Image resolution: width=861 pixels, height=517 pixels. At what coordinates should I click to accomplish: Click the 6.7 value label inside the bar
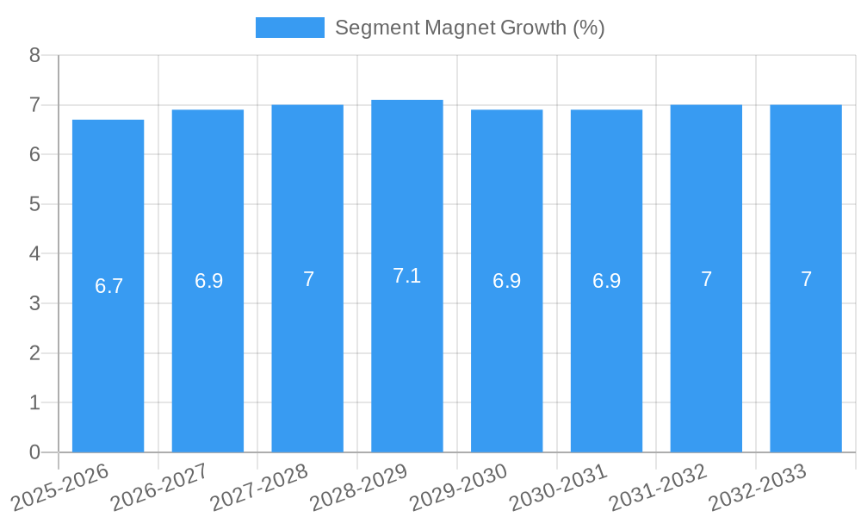(109, 286)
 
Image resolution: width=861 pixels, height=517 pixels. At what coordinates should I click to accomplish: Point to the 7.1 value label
(406, 276)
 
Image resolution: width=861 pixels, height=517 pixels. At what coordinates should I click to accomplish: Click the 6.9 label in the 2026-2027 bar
(208, 281)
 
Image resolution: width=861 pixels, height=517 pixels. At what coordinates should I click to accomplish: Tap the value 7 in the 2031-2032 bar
(706, 279)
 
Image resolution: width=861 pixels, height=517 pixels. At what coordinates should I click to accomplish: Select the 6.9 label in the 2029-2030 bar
(506, 281)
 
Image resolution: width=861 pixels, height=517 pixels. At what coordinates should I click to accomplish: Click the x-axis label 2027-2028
(259, 486)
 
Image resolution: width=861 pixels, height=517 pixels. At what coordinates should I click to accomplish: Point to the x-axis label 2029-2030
(459, 486)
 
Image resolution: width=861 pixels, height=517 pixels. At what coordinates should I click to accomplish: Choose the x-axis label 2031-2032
(658, 486)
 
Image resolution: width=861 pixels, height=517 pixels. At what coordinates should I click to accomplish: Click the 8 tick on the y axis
(34, 55)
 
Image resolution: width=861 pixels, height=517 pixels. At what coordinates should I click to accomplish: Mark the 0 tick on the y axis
(34, 452)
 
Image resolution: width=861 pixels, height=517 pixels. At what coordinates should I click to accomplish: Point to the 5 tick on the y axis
(34, 204)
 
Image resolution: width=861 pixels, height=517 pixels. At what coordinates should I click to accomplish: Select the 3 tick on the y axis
(34, 303)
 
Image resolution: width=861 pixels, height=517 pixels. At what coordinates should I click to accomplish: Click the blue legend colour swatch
(290, 28)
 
